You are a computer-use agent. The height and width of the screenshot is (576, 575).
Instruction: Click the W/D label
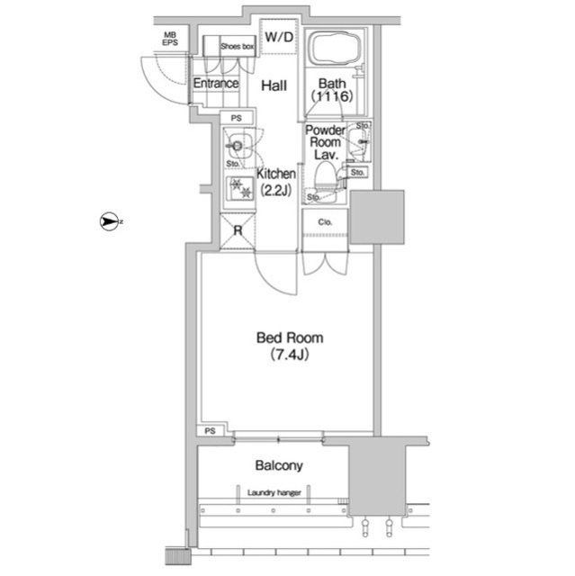click(279, 37)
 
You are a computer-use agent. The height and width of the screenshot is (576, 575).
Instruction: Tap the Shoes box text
click(238, 46)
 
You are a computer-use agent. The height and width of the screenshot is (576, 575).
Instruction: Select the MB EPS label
click(170, 39)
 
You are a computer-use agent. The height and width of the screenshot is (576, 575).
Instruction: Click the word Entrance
click(216, 84)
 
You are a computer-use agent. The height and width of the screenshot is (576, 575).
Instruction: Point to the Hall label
click(274, 85)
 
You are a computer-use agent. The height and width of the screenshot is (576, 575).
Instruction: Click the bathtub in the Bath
click(336, 49)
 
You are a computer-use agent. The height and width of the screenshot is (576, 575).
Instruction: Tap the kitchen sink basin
click(238, 146)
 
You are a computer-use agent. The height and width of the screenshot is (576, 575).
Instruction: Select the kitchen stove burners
click(239, 188)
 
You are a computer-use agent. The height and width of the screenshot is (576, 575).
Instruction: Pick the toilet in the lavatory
click(326, 180)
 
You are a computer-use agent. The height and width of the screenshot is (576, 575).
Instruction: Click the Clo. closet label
click(325, 222)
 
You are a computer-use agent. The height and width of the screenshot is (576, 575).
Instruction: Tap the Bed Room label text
click(290, 337)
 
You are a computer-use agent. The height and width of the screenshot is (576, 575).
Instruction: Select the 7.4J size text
click(290, 355)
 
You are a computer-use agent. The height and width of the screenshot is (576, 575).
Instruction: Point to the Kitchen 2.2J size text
click(275, 190)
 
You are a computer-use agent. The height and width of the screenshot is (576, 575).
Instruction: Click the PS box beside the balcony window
click(210, 430)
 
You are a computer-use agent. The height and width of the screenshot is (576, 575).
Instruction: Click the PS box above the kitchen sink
click(237, 118)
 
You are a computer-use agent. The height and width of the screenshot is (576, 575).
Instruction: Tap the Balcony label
click(279, 465)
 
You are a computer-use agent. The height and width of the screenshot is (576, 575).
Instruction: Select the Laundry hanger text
click(274, 492)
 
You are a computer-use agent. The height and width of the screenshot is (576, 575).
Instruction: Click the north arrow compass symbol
click(109, 221)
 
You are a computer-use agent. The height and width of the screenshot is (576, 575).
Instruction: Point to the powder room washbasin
click(357, 141)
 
